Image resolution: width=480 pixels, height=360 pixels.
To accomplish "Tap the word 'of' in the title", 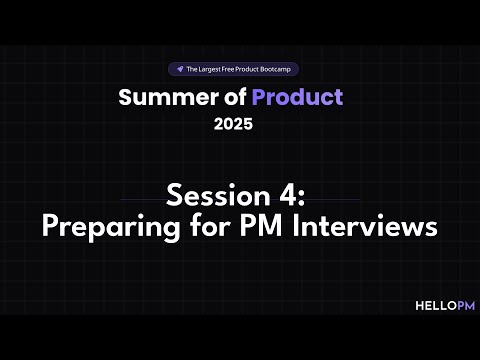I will [x=232, y=98].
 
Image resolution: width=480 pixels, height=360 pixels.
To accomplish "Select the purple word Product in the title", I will [x=297, y=98].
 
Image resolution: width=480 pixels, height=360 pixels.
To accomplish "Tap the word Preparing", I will [x=102, y=226].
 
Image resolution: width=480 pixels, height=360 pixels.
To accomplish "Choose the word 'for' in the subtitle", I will [x=200, y=226].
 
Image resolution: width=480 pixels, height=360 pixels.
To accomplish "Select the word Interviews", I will [x=362, y=226].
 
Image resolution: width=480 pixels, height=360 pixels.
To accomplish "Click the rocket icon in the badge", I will [x=178, y=70].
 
